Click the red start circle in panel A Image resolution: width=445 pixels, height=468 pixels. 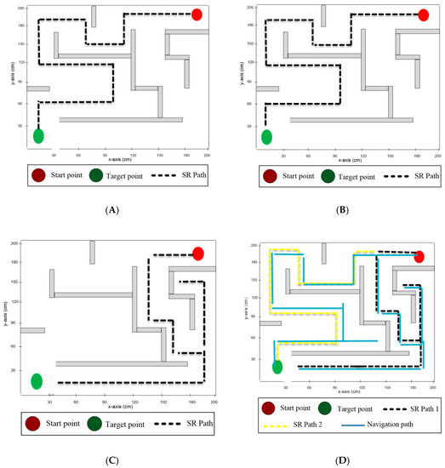click(x=197, y=14)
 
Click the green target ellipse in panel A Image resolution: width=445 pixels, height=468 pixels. click(x=38, y=135)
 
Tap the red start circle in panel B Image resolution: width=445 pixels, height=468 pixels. click(x=423, y=14)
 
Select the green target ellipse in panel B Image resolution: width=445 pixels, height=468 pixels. click(x=266, y=136)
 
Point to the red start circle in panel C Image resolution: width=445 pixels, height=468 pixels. click(x=198, y=254)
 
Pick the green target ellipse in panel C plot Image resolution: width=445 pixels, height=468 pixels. click(x=37, y=381)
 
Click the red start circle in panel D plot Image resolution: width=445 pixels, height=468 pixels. click(x=419, y=257)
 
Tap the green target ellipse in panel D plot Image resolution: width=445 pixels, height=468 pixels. click(x=277, y=367)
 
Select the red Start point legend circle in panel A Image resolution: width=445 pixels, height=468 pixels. click(x=39, y=177)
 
